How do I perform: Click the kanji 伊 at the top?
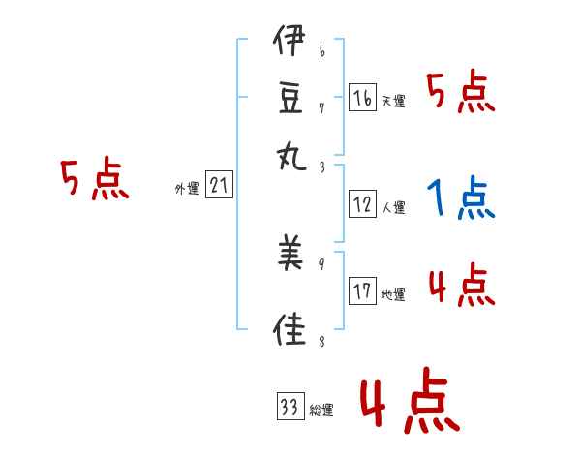coord(290,45)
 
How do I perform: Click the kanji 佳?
coord(290,326)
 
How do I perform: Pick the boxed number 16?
coord(362,98)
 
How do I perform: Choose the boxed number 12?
coord(362,204)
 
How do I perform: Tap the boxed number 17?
coord(362,292)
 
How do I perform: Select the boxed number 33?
coord(290,407)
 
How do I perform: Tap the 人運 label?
coord(393,207)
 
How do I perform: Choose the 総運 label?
coord(321,410)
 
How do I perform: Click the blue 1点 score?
coord(459,198)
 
